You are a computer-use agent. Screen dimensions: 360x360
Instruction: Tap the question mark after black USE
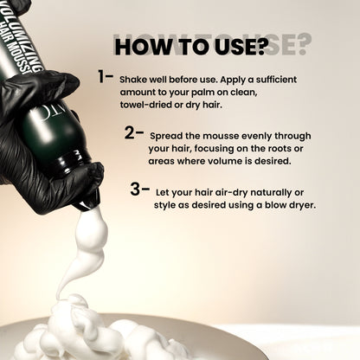tap(260, 47)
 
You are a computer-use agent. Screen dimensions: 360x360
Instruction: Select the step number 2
tap(130, 132)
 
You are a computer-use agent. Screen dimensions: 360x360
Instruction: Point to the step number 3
tap(135, 190)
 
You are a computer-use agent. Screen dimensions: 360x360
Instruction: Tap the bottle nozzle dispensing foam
tap(87, 202)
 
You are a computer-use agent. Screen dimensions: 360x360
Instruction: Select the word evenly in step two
tap(257, 136)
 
